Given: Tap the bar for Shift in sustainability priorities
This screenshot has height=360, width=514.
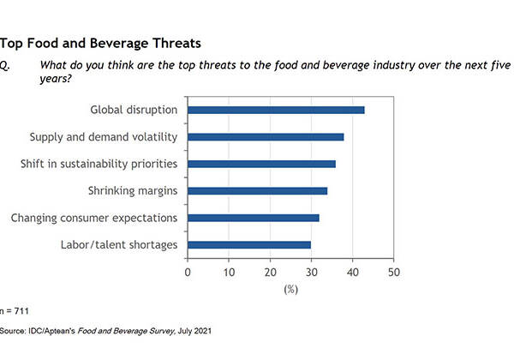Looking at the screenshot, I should pos(261,164).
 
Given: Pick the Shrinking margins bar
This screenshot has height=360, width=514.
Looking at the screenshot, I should pos(257,190).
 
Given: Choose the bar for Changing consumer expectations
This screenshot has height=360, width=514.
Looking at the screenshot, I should pos(253,218).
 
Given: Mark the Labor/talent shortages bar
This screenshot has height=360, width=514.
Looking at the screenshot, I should pos(248,245).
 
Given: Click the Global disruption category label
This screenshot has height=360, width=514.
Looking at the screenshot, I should pos(134,110).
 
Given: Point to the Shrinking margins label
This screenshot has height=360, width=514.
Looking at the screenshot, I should pos(133,190).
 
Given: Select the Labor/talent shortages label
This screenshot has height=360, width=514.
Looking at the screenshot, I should pos(119,245).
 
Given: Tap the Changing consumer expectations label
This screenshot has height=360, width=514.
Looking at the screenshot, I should pos(93,218).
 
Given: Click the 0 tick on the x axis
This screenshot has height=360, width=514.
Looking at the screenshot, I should pos(188,273).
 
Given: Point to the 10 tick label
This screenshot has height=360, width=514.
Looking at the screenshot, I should pos(229,273).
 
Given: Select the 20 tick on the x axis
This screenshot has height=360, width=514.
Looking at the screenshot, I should pos(270,273).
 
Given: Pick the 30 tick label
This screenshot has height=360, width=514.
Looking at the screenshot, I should pos(311,273).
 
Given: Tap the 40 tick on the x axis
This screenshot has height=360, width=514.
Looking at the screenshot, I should pos(352,273).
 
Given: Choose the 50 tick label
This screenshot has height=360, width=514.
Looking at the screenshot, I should pos(393,273).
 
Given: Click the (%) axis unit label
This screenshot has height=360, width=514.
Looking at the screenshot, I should pos(290,290).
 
